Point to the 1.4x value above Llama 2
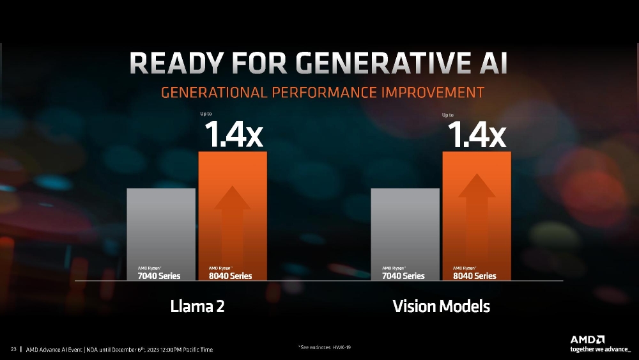pyautogui.click(x=233, y=136)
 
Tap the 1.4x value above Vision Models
pyautogui.click(x=477, y=136)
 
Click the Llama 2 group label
pyautogui.click(x=197, y=306)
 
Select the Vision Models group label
pyautogui.click(x=441, y=306)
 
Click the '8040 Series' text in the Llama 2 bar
pyautogui.click(x=230, y=276)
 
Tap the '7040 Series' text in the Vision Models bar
pyautogui.click(x=403, y=276)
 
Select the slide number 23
pyautogui.click(x=13, y=349)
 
